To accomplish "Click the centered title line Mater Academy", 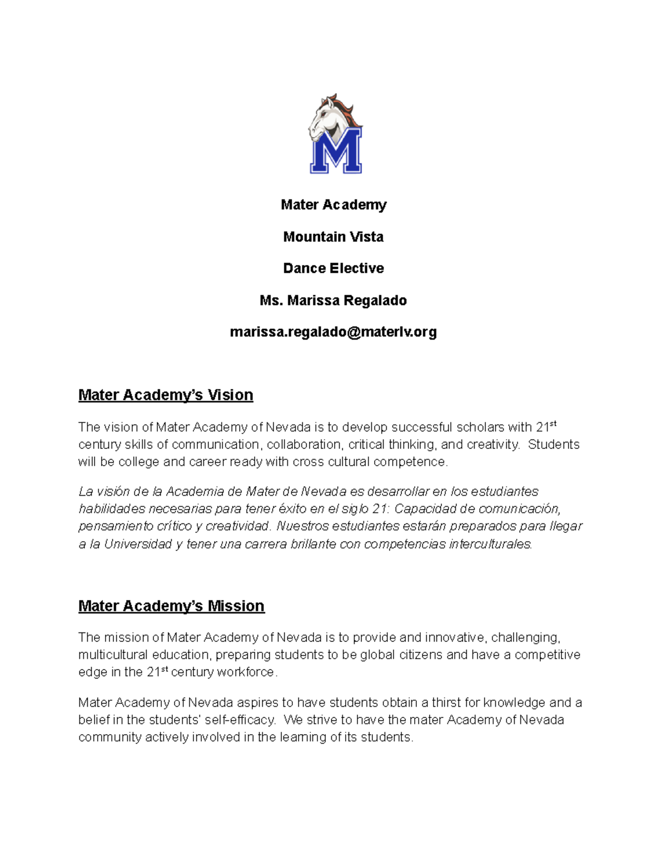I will click(333, 205).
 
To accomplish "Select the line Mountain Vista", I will click(333, 237).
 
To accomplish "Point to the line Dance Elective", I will click(333, 268).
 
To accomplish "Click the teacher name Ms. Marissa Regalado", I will click(333, 301).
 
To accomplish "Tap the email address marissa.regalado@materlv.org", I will click(333, 332).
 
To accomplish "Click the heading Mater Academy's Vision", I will click(166, 395).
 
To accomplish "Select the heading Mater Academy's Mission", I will click(171, 606).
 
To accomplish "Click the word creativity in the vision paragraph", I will click(492, 445).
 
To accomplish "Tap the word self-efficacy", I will click(240, 720).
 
